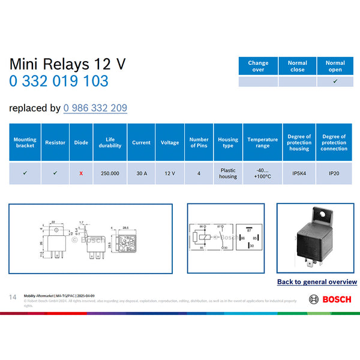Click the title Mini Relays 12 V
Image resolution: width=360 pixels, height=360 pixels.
67,64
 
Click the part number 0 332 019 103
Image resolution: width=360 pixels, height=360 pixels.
58,81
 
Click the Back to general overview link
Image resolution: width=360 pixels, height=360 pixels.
317,281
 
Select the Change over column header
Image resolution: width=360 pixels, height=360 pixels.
258,66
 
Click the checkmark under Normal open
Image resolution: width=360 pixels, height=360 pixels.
335,82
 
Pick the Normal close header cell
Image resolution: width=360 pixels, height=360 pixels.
297,66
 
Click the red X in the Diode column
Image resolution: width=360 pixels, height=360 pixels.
81,173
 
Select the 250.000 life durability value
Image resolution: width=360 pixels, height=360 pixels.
110,173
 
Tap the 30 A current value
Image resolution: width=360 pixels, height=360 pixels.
141,173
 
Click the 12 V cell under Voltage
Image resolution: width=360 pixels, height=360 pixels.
170,173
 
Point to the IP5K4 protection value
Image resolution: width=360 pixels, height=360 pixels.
299,173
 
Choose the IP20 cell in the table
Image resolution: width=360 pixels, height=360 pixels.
334,173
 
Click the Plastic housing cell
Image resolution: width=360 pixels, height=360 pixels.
228,173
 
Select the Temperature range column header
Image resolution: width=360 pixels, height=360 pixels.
262,143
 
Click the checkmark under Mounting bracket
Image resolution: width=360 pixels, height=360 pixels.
25,173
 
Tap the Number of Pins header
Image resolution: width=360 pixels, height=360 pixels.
199,143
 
